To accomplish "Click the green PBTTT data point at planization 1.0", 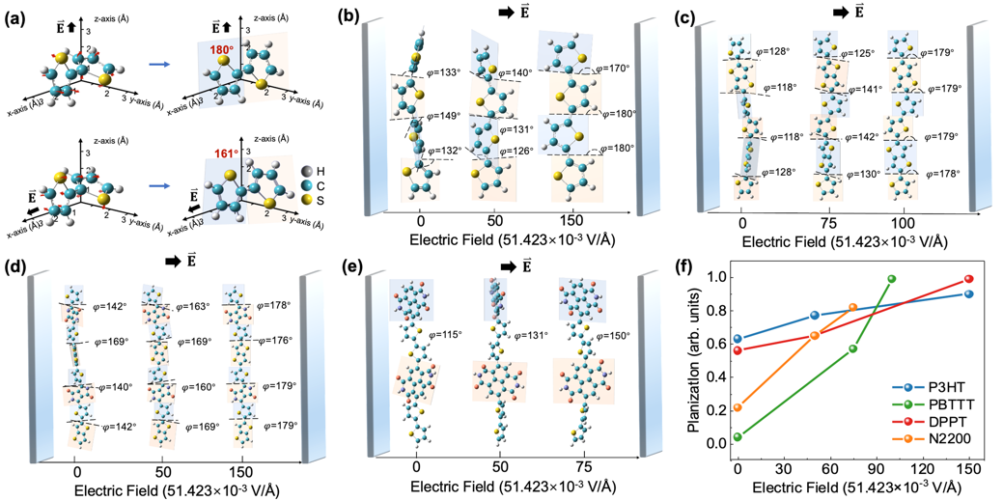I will (891, 279).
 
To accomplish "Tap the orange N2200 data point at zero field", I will (738, 407).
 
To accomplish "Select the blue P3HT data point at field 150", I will (968, 294).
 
